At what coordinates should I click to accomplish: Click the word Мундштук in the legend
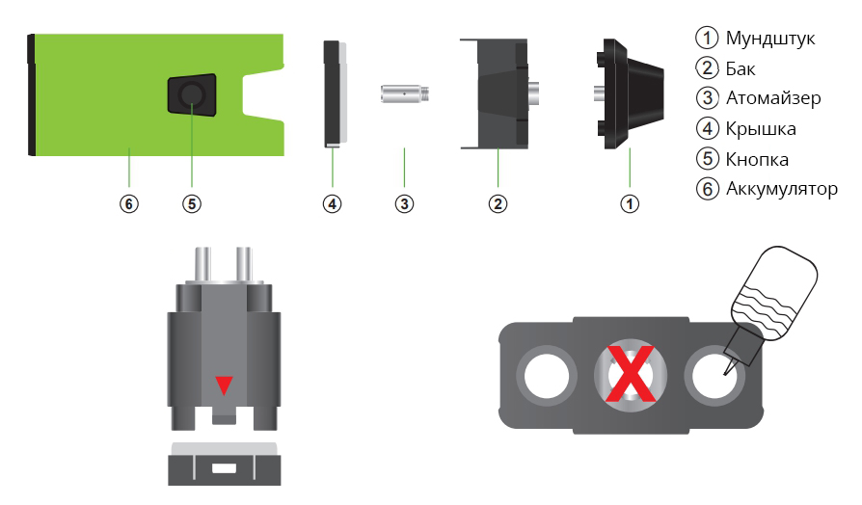pos(769,39)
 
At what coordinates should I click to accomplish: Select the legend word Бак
pos(740,68)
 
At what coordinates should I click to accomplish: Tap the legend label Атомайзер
pos(773,97)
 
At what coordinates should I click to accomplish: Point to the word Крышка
pos(761,128)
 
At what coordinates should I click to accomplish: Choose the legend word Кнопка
pos(757,159)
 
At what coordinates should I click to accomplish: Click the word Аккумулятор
pos(781,189)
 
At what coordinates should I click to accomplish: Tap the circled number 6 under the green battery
pos(129,204)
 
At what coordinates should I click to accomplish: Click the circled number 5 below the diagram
pos(192,204)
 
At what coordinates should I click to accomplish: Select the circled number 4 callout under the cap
pos(332,204)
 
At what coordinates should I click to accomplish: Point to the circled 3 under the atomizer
pos(404,204)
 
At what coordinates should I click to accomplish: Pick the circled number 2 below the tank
pos(498,204)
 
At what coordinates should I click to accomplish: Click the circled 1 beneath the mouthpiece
pos(630,204)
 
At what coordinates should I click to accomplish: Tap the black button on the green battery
pos(192,94)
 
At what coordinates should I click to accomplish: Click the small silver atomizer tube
pos(405,93)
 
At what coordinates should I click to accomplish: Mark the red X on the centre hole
pos(630,374)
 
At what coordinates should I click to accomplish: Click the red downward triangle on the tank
pos(224,385)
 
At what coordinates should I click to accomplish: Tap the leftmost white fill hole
pos(547,377)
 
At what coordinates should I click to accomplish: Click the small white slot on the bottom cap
pos(224,468)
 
